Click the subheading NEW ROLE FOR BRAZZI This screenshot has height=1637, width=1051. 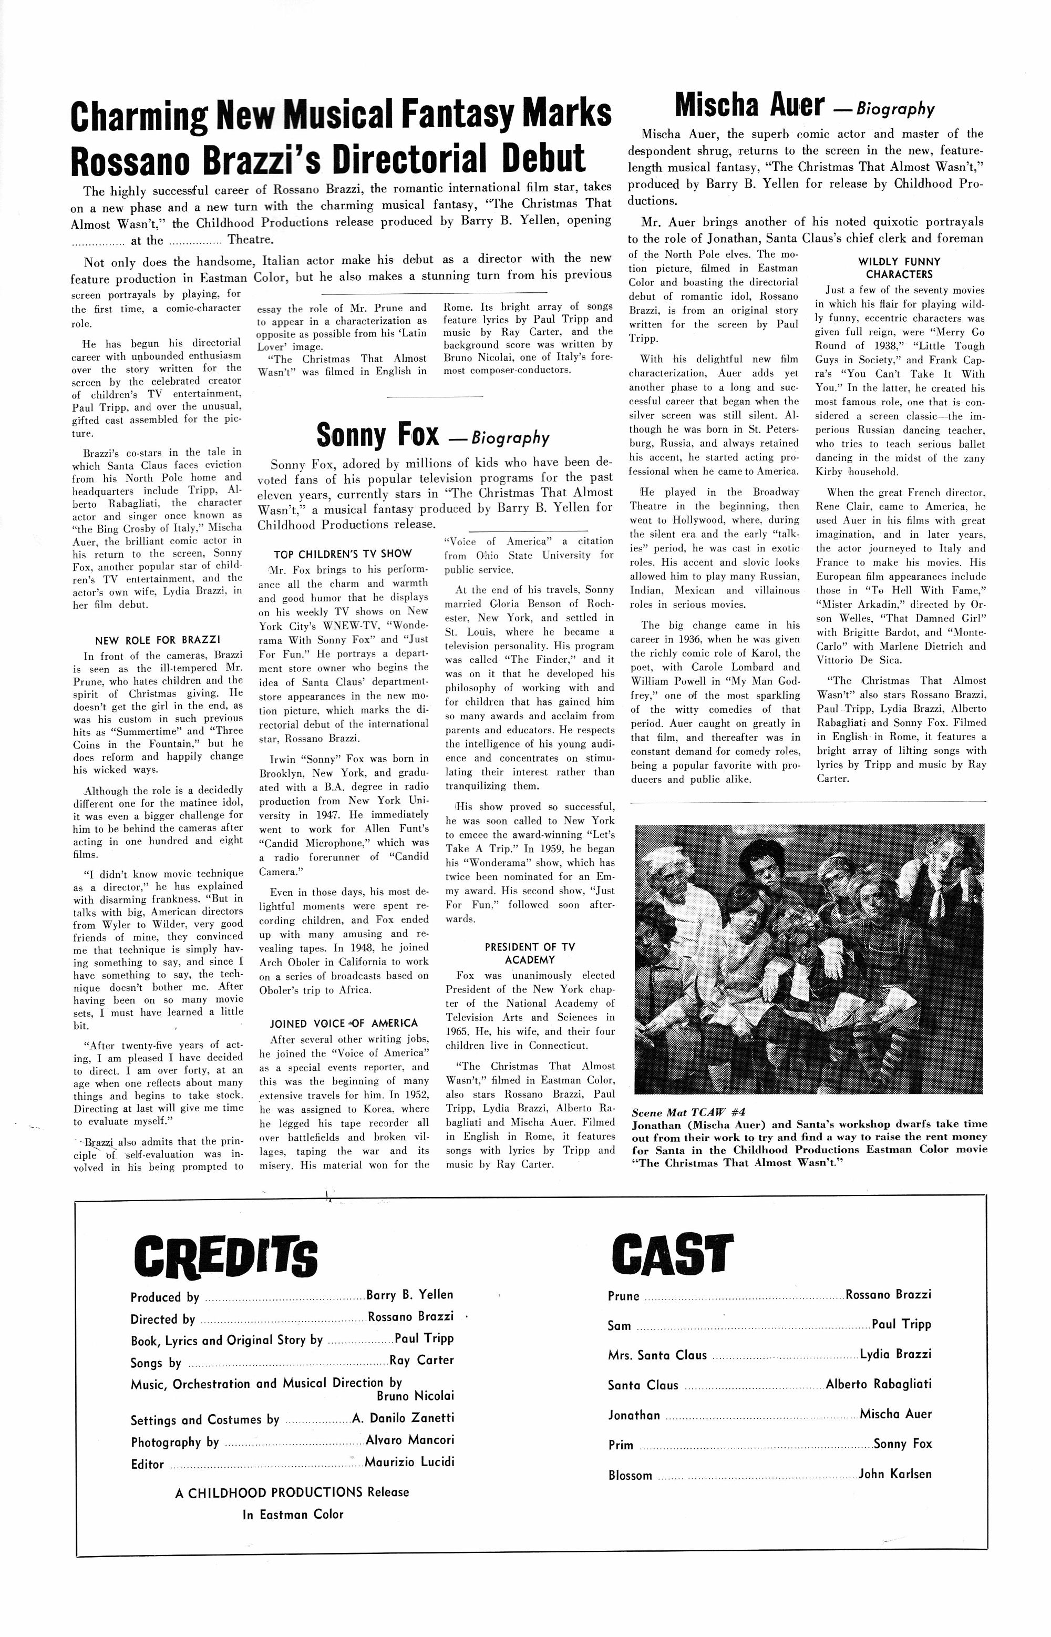pyautogui.click(x=157, y=640)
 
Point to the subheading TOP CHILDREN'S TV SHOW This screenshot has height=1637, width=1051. pyautogui.click(x=343, y=554)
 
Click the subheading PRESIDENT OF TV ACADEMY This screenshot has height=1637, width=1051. pyautogui.click(x=530, y=954)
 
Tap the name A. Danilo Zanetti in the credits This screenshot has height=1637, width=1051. pyautogui.click(x=403, y=1417)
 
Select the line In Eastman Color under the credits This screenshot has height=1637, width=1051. pyautogui.click(x=293, y=1514)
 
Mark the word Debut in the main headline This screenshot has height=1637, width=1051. pyautogui.click(x=544, y=158)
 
